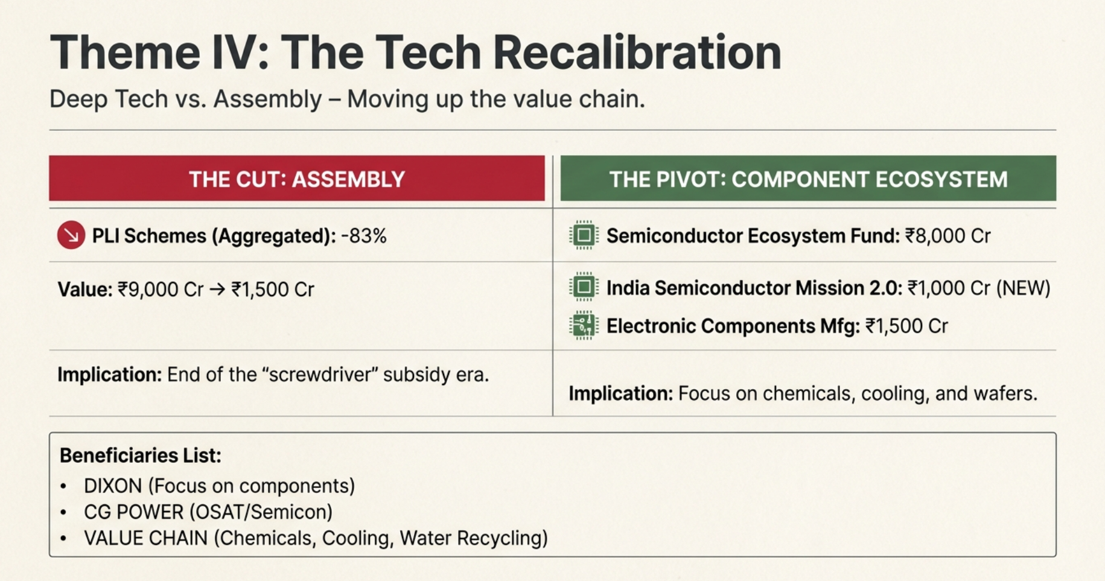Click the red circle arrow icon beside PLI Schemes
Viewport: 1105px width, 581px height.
coord(71,235)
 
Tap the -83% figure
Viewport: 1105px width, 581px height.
coord(364,236)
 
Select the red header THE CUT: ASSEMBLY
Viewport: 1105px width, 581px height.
coord(296,179)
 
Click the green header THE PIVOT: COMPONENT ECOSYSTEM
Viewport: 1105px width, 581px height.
coord(808,179)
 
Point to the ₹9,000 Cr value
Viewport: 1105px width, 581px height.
coord(161,290)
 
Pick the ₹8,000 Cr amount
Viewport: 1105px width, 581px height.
coord(947,235)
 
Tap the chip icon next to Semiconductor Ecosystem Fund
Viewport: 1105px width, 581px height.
coord(583,235)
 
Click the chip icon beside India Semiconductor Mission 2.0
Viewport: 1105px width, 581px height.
coord(583,287)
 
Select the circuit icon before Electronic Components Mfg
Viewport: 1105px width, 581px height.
coord(583,326)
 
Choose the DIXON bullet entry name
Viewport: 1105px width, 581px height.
coord(113,486)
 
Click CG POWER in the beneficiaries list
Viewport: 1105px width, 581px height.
coord(133,512)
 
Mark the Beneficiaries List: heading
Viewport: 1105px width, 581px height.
coord(141,456)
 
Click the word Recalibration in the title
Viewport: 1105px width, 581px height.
coord(637,52)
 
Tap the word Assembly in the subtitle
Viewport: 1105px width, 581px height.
coord(267,99)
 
